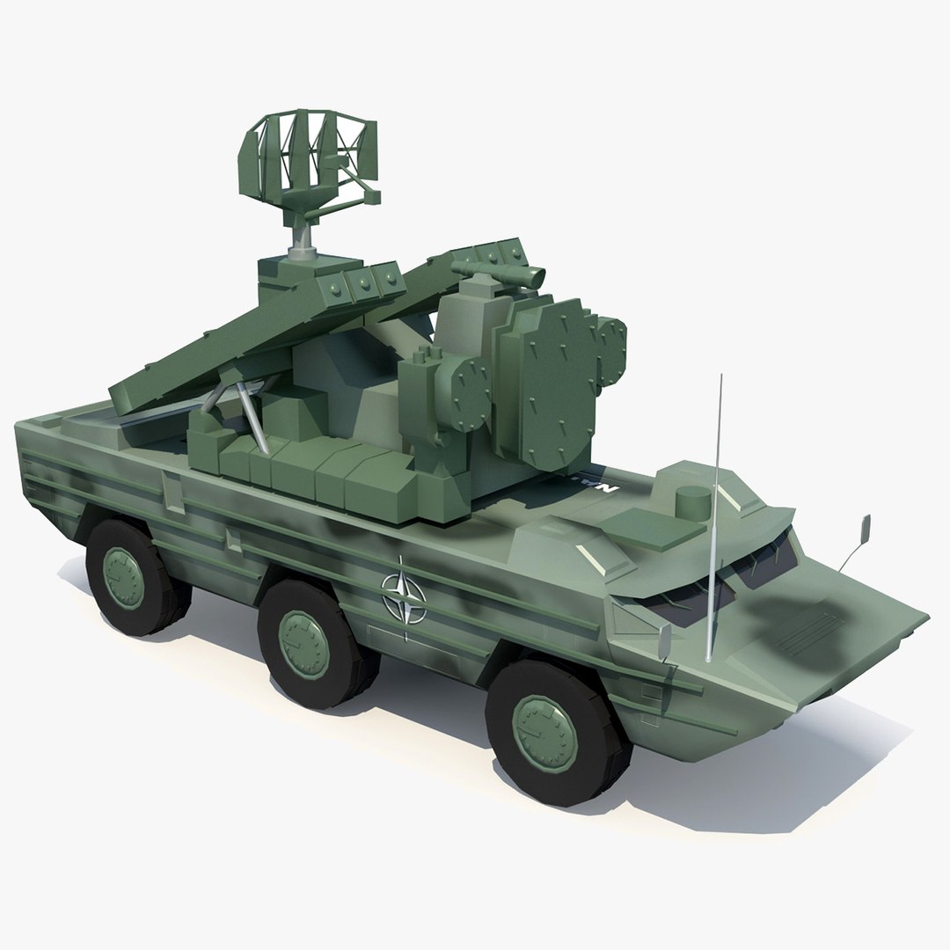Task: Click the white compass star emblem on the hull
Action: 403,597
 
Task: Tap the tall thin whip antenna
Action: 714,519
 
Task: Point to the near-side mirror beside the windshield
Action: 666,640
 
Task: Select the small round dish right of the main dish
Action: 610,340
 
